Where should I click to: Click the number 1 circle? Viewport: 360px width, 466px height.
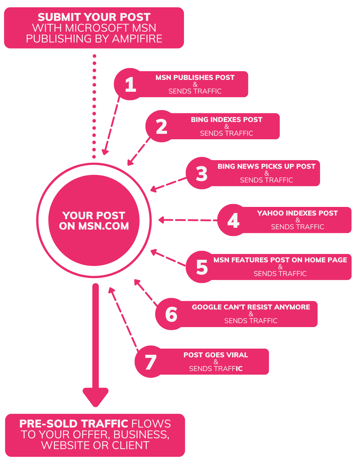point(130,84)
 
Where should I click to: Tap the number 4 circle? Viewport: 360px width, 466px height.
point(233,220)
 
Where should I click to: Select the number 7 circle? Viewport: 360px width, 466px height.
point(150,362)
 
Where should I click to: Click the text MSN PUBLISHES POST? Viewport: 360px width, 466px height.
point(195,77)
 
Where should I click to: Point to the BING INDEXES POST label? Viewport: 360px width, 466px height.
point(226,119)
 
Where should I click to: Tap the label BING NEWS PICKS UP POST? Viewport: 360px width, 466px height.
point(266,166)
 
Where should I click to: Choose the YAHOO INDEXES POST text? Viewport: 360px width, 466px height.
point(297,213)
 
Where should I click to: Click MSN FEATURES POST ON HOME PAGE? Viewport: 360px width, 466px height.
point(280,260)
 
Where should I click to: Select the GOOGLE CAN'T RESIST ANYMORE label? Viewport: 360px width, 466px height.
point(251,307)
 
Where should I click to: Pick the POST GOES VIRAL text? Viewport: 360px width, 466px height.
point(216,355)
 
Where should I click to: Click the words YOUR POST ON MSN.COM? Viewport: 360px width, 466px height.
point(94,221)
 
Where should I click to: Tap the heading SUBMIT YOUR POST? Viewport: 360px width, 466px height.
point(94,17)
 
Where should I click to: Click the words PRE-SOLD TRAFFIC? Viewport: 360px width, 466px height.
point(73,424)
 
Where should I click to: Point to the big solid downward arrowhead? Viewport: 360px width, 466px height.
point(95,396)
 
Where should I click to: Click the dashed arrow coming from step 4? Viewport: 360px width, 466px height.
point(187,220)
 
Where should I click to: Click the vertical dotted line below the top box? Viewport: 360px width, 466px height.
point(94,106)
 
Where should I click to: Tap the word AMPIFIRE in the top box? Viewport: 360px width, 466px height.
point(137,39)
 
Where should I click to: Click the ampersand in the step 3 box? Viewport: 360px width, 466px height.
point(266,173)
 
